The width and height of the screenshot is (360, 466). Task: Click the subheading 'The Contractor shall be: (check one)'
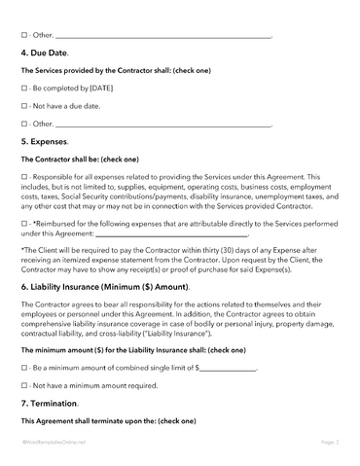[80, 159]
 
